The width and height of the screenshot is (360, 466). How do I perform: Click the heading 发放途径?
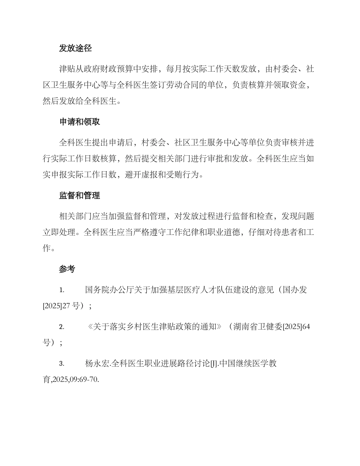click(x=75, y=48)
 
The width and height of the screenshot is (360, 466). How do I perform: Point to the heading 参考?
click(x=67, y=269)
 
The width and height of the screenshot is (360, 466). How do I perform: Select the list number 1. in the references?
click(x=61, y=290)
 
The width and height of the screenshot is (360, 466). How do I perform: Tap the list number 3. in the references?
click(x=61, y=364)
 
